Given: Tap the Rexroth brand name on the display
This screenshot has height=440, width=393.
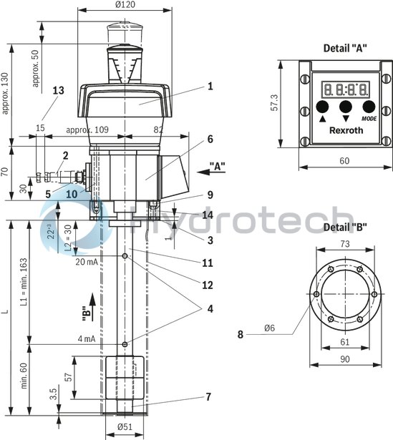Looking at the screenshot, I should [x=346, y=130].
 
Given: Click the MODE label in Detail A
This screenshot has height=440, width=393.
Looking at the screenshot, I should [x=369, y=118].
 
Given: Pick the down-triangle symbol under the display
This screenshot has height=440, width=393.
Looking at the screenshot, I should [x=346, y=118].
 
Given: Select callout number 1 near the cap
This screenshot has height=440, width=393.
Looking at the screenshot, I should [x=210, y=87].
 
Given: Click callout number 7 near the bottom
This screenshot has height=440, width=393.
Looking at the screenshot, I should [x=208, y=396].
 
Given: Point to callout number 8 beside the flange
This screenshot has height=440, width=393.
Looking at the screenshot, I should [x=241, y=333].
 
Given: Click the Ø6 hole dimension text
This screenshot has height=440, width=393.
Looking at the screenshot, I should [x=270, y=328].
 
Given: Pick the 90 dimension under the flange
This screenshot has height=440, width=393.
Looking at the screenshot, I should [x=345, y=359].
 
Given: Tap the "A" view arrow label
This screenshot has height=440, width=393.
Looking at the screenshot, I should [x=217, y=166].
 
